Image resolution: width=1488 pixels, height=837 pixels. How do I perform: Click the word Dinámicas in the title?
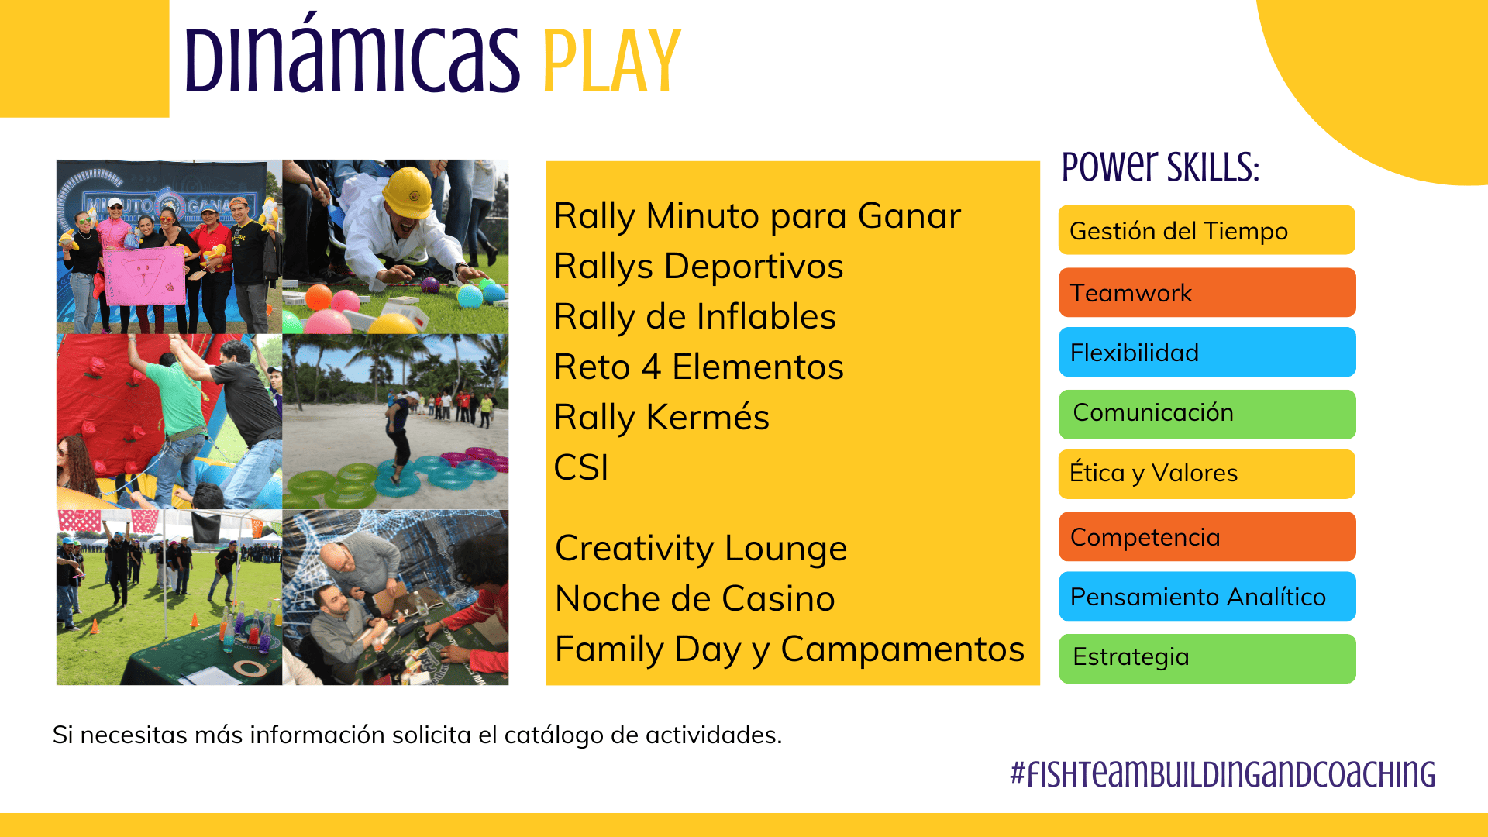pos(353,53)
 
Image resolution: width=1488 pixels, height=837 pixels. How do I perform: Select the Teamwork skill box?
pos(1207,292)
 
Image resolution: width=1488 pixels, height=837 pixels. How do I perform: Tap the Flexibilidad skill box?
pos(1207,352)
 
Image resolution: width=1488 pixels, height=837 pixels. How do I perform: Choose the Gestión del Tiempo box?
pos(1207,230)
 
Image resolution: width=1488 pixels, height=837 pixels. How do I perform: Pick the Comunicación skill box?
pos(1207,415)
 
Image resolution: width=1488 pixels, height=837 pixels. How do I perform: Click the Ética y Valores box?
pos(1207,474)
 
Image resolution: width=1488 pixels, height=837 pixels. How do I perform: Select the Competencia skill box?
pos(1207,536)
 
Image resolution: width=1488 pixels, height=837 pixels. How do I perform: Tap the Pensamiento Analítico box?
pos(1207,596)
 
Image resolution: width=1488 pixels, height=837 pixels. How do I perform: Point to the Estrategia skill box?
pos(1207,659)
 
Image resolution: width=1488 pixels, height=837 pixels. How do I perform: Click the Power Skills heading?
pos(1160,166)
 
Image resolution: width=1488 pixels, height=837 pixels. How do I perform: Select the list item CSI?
pos(581,467)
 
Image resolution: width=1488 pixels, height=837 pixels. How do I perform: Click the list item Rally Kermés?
pos(661,418)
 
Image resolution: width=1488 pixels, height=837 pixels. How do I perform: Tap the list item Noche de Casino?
pos(695,598)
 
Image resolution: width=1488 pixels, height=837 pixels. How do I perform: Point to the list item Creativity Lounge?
pos(701,549)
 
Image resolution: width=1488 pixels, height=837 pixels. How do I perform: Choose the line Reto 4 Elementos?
pos(698,367)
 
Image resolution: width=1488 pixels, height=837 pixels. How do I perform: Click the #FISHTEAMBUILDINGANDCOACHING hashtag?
pos(1223,774)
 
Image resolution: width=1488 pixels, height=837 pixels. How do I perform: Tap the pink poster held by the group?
pos(145,276)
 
